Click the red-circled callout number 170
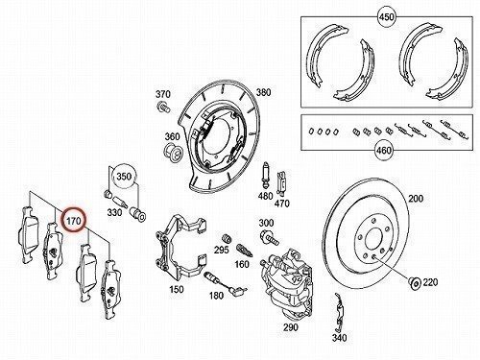tap(73, 221)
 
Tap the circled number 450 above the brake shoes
tap(386, 16)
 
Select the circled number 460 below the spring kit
tap(384, 150)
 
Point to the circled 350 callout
tap(124, 177)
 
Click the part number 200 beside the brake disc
tap(416, 199)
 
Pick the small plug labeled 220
tap(416, 283)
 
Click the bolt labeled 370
tap(164, 107)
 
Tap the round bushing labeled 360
tap(173, 154)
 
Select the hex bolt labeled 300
tap(269, 238)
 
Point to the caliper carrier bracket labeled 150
tap(180, 247)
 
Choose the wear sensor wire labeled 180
tap(226, 283)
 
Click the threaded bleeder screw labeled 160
tap(245, 251)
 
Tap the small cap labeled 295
tap(228, 239)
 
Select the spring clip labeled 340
tap(339, 312)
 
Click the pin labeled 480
tap(265, 177)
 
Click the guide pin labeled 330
tap(120, 202)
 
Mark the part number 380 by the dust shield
tap(263, 92)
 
